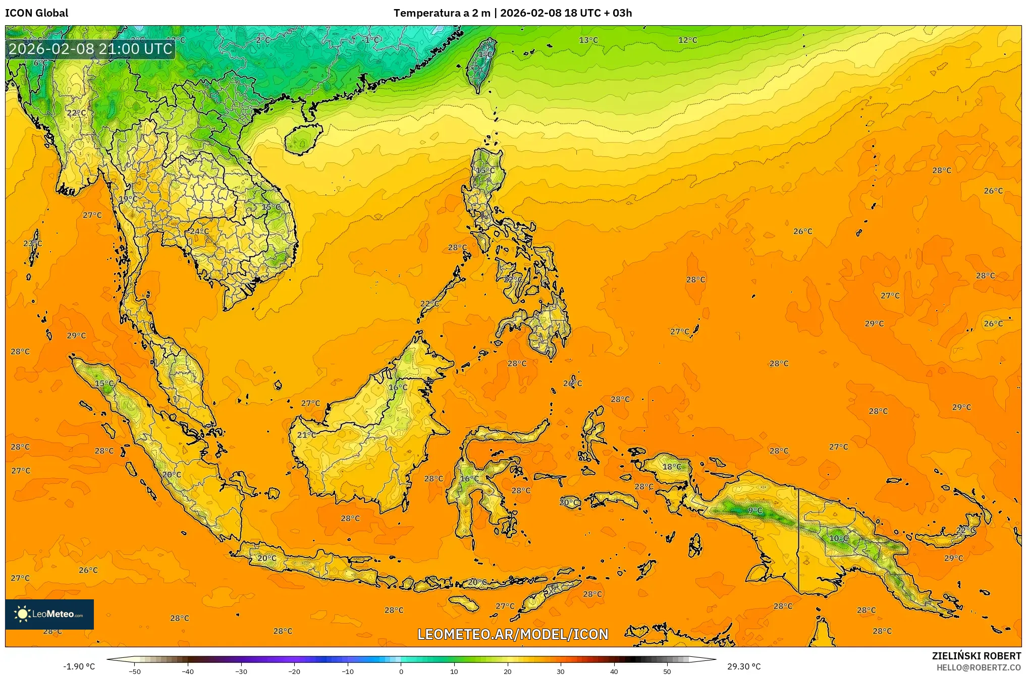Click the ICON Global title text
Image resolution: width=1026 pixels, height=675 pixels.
coord(36,13)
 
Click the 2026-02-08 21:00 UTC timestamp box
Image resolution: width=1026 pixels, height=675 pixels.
coord(90,49)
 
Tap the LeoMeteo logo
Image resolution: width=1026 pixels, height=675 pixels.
coord(49,614)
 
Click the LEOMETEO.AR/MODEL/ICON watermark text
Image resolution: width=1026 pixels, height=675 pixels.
coord(513,634)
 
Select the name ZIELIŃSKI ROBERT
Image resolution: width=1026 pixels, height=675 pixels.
coord(976,656)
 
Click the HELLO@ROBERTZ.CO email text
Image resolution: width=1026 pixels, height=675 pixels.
coord(979,667)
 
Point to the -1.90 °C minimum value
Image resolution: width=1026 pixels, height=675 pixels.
coord(79,666)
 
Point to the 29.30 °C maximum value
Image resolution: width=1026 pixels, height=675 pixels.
coord(743,666)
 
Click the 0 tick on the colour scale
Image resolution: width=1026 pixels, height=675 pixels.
coord(401,671)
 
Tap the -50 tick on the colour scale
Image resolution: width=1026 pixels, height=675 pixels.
coord(134,671)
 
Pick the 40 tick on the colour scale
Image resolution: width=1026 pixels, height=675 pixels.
coord(614,671)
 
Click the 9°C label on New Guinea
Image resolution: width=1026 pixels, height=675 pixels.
coord(755,511)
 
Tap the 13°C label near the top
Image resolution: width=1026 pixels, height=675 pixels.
coord(588,40)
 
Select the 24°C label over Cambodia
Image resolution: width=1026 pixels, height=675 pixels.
coord(199,231)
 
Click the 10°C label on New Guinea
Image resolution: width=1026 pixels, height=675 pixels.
coord(838,538)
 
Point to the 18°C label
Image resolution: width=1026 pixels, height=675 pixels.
coord(671,467)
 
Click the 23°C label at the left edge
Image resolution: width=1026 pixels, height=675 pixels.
coord(32,243)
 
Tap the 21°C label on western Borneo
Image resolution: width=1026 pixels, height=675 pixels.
coord(306,434)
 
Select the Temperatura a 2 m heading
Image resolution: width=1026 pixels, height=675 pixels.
coord(442,13)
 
